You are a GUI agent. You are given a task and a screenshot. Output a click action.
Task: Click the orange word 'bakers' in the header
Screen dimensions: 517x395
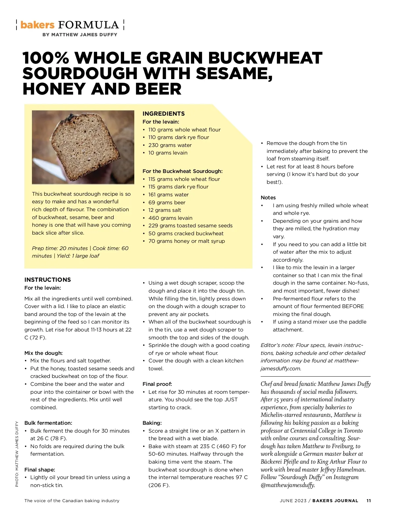(37, 25)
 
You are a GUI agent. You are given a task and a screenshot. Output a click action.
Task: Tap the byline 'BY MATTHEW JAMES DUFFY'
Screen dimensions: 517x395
(80, 35)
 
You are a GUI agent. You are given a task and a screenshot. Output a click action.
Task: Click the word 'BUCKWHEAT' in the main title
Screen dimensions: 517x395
(265, 58)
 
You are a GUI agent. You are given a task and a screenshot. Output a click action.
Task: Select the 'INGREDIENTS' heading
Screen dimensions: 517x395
(164, 114)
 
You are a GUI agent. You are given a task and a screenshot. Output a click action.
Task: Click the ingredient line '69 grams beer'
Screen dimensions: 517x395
(167, 202)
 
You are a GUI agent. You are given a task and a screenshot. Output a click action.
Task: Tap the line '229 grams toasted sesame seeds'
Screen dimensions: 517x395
(190, 226)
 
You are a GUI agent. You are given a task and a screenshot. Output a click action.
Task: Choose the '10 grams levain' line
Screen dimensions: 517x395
(168, 153)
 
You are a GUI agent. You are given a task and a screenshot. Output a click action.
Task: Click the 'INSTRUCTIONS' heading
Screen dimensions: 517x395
(47, 280)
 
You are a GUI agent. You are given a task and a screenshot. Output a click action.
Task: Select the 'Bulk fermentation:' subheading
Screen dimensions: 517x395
(48, 423)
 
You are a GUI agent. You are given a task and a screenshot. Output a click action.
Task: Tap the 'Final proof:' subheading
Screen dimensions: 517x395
(157, 384)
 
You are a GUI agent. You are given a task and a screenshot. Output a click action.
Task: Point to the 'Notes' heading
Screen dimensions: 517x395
(268, 198)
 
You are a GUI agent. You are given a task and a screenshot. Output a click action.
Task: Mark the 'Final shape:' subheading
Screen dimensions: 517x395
(39, 470)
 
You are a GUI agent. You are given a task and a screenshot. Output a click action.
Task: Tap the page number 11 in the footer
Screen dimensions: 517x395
(369, 501)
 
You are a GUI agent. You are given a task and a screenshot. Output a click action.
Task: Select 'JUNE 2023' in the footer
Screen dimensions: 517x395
(293, 501)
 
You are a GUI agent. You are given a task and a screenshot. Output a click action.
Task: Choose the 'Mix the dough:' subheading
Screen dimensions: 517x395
(43, 353)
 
